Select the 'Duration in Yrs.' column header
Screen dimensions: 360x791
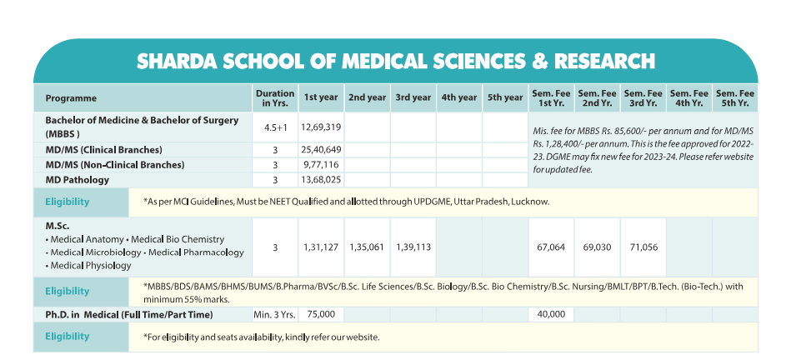point(275,98)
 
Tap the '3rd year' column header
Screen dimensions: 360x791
point(413,98)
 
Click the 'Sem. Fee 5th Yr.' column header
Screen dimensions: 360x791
point(735,98)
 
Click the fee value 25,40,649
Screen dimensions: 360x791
point(322,150)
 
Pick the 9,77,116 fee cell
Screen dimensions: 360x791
point(322,165)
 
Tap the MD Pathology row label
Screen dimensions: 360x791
point(77,180)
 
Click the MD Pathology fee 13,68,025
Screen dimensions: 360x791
point(322,180)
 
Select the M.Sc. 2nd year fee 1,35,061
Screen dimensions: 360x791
point(368,247)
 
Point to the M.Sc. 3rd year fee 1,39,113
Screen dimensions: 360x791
point(413,247)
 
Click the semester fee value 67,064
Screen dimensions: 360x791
point(551,247)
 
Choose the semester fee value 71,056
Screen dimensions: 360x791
point(643,247)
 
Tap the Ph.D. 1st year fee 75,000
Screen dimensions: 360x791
point(322,314)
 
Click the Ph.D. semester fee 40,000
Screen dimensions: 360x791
point(551,314)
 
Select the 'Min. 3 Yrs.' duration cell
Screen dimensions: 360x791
point(275,314)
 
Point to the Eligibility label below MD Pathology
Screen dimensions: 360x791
point(68,202)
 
